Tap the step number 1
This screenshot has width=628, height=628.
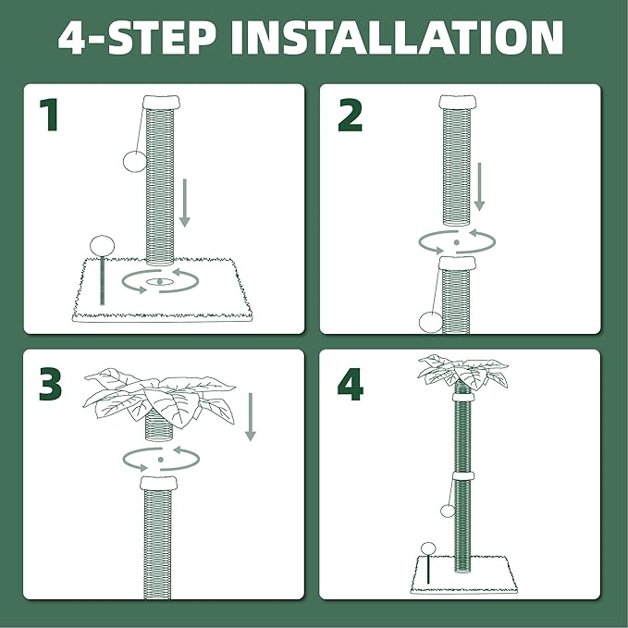point(52,117)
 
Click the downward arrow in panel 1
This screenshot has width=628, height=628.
point(185,204)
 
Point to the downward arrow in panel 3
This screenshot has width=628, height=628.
point(250,417)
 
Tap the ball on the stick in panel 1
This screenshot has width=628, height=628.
point(101,245)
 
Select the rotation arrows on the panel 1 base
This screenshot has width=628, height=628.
point(161,281)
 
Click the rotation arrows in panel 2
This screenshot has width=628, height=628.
point(456,242)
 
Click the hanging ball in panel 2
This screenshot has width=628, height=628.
point(429,322)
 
